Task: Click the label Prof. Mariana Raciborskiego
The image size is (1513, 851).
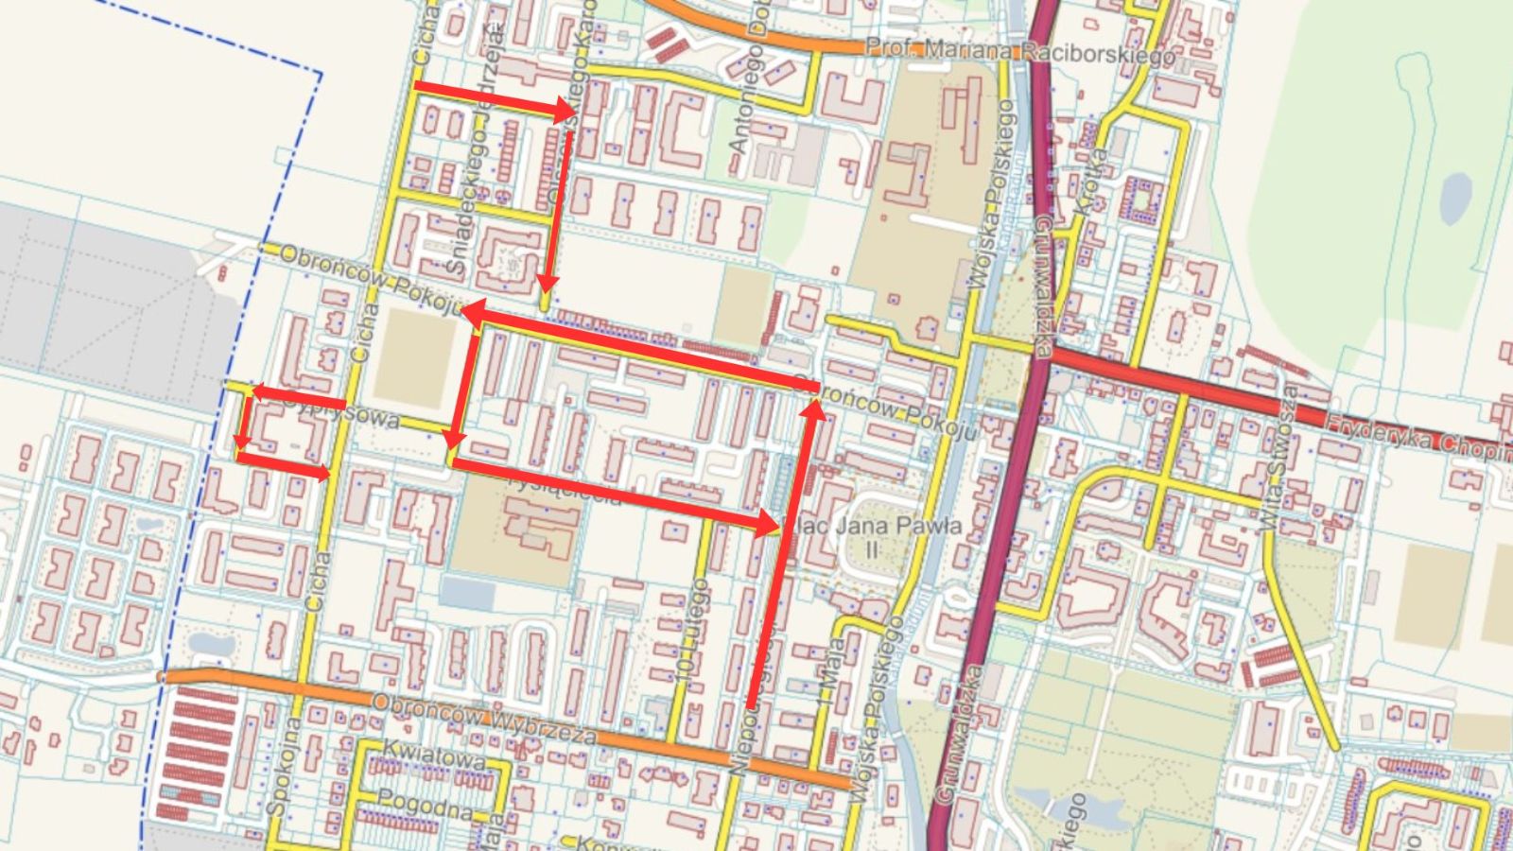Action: [1019, 51]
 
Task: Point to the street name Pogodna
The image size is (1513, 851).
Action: [426, 805]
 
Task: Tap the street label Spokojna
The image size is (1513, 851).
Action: [280, 766]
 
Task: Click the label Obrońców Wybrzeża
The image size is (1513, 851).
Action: [484, 719]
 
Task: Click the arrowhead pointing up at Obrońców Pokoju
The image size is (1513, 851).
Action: [814, 409]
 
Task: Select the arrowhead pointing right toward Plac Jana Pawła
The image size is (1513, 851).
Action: [768, 522]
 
